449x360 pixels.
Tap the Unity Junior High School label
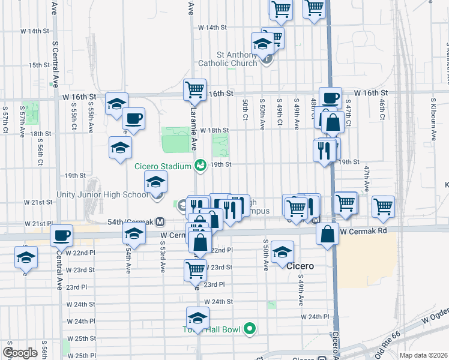(x=101, y=194)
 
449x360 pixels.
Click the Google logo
(x=20, y=352)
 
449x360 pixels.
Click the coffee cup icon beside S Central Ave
(x=61, y=236)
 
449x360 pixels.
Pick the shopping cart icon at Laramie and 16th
(x=194, y=90)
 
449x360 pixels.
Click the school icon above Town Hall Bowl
(x=197, y=318)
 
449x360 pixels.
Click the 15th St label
(x=38, y=65)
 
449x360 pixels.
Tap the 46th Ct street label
(x=382, y=109)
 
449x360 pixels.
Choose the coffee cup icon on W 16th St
(x=330, y=98)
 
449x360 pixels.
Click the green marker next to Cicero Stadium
(x=201, y=165)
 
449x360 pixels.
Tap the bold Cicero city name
(x=300, y=265)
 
